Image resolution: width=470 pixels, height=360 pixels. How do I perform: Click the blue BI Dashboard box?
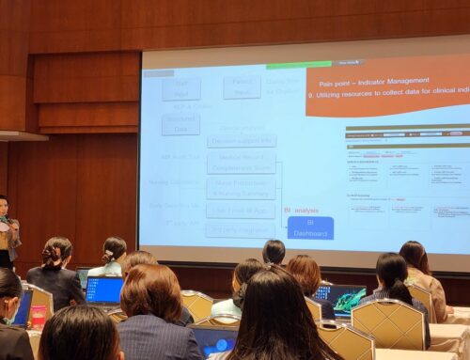(x=310, y=227)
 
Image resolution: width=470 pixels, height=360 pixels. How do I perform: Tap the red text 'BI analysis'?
(x=301, y=211)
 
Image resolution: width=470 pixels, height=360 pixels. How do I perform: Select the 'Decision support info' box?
(x=241, y=141)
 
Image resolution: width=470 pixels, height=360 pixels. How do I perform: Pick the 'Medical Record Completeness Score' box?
(x=241, y=162)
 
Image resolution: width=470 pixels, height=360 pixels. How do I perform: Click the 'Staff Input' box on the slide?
(x=180, y=89)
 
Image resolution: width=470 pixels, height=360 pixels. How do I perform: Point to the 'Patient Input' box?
(x=242, y=87)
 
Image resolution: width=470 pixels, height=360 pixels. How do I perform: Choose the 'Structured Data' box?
(x=180, y=124)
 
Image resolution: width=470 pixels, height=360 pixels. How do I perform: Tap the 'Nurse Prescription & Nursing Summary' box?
(x=241, y=187)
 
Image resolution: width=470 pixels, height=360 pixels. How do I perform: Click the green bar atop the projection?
(x=299, y=65)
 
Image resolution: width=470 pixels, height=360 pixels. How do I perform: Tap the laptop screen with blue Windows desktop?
(x=103, y=290)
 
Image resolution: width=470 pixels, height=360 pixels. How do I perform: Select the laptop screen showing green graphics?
(x=339, y=299)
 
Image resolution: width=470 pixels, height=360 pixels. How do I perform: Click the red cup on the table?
(x=39, y=316)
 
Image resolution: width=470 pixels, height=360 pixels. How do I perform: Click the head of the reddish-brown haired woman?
(x=304, y=272)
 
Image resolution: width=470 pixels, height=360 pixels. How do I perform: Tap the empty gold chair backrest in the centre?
(x=198, y=304)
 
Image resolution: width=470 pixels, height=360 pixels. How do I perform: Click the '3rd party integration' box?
(x=241, y=229)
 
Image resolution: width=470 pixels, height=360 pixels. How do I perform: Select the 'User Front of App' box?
(x=241, y=209)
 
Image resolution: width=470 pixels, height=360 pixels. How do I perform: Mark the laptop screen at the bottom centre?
(x=214, y=341)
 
